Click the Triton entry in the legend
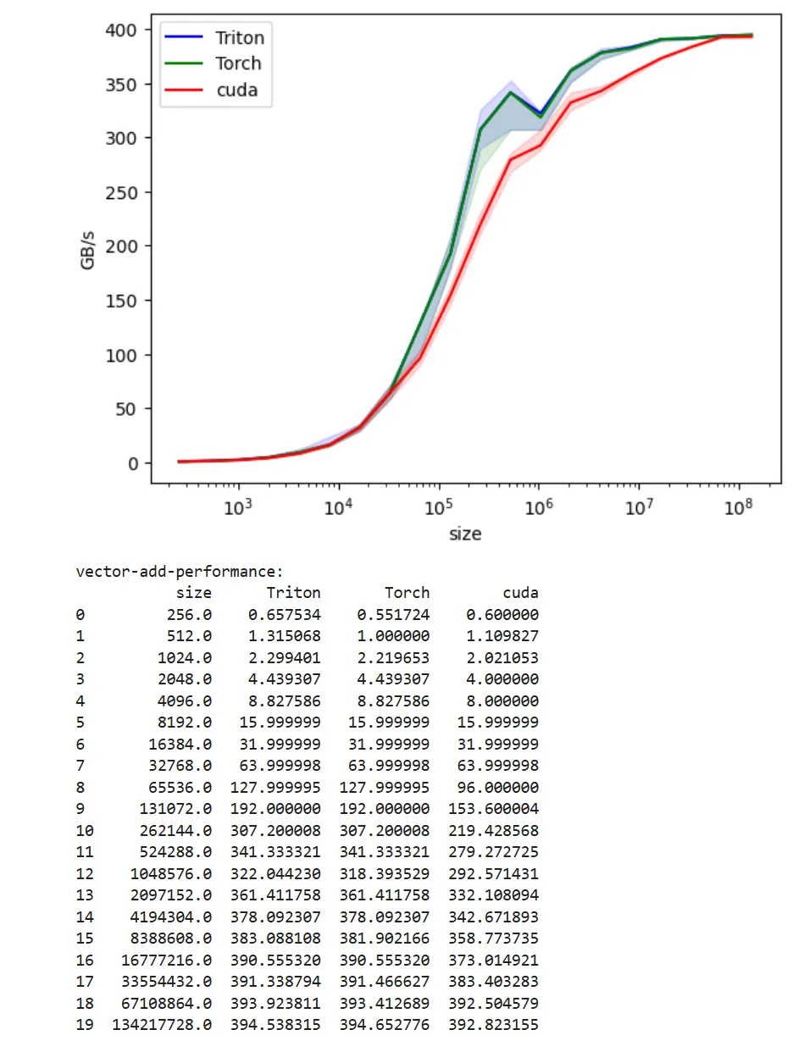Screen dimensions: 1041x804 (239, 38)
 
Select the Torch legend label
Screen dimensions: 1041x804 (237, 64)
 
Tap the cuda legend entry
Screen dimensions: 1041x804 (236, 89)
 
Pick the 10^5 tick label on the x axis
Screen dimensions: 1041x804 (438, 508)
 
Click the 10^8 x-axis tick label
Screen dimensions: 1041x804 (739, 508)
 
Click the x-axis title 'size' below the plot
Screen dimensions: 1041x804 (465, 534)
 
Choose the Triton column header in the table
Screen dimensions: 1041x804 (293, 593)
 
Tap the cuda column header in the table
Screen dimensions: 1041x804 (520, 593)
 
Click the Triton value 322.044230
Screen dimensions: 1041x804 (275, 873)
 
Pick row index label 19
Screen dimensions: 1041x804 (84, 1025)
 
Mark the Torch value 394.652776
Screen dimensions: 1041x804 (385, 1025)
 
